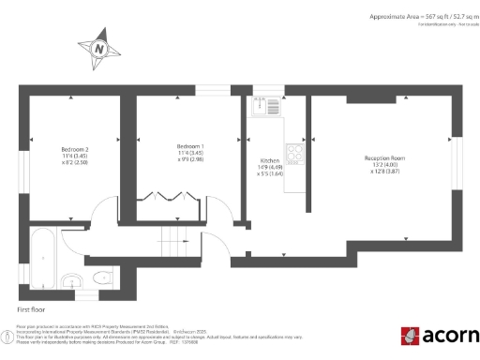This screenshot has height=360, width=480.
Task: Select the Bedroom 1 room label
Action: point(190,146)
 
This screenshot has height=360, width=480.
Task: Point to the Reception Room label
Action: point(384,158)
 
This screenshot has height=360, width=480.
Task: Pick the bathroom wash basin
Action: point(70,279)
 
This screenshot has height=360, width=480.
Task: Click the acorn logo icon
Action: point(411,336)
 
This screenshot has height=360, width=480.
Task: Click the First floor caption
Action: point(31,307)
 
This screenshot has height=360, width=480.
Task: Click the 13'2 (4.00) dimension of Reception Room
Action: point(384,165)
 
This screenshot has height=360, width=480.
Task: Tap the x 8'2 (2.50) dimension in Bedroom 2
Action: point(75,162)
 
